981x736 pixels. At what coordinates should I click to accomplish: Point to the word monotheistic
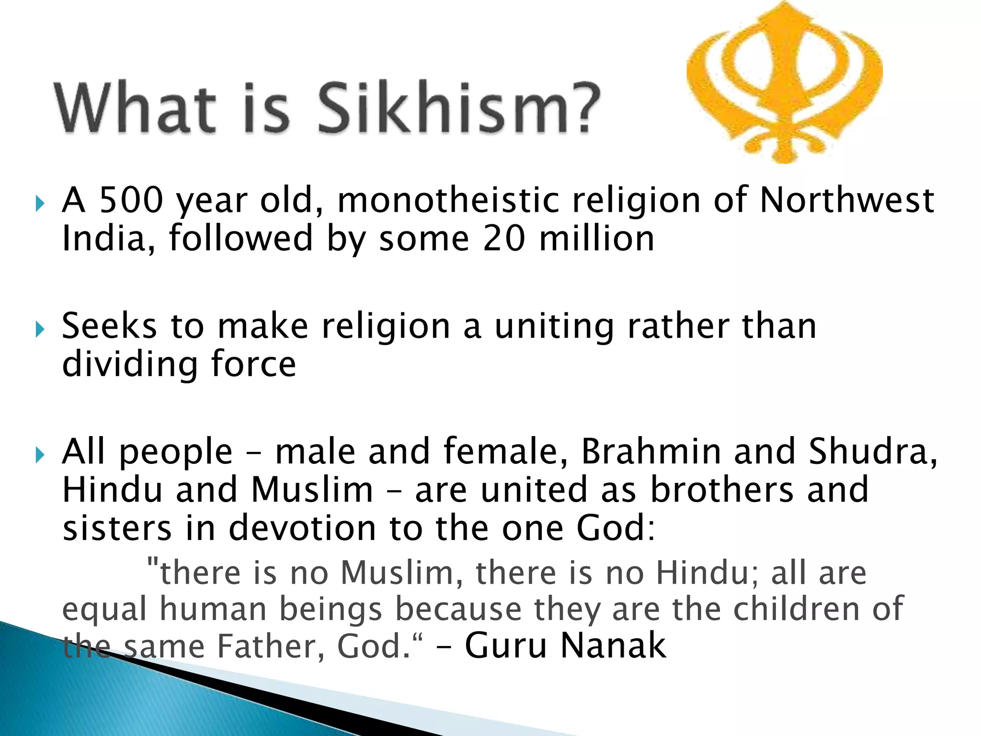pos(448,200)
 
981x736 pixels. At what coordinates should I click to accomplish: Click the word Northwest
pos(847,200)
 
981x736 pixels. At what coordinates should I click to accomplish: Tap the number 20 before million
pos(504,239)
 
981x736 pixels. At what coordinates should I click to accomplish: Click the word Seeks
pos(109,326)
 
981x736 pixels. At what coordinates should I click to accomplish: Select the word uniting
pos(554,326)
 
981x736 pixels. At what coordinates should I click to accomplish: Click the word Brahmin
pos(651,451)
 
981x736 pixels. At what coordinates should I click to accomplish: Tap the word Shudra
pos(873,451)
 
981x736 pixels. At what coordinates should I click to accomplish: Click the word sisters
pos(117,528)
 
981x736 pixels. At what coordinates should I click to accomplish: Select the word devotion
pos(302,528)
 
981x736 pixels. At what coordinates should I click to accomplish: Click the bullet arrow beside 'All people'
pos(40,455)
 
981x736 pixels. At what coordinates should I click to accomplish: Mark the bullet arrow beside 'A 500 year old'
pos(40,204)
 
